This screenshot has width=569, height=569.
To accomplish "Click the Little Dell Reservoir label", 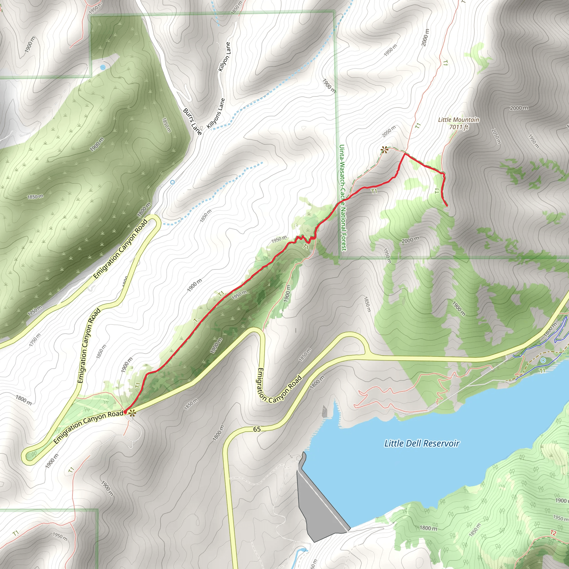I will pyautogui.click(x=421, y=443).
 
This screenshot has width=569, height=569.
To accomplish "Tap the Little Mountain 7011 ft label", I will pyautogui.click(x=458, y=123).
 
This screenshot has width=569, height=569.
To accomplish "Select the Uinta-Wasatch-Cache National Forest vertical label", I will pyautogui.click(x=343, y=197).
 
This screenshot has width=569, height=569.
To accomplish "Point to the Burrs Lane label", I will pyautogui.click(x=192, y=122).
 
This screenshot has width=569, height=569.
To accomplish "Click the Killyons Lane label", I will pyautogui.click(x=216, y=113).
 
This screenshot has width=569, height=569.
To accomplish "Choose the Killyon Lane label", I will pyautogui.click(x=224, y=57).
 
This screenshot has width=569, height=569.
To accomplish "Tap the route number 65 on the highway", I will pyautogui.click(x=257, y=429).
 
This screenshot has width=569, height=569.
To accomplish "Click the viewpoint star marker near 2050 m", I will pyautogui.click(x=384, y=150).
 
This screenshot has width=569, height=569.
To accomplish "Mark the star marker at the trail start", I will pyautogui.click(x=132, y=413).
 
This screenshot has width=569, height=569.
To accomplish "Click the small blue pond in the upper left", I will pyautogui.click(x=103, y=68).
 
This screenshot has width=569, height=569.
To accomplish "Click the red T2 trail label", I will pyautogui.click(x=553, y=533).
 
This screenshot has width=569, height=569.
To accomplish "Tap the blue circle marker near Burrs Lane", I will pyautogui.click(x=173, y=182).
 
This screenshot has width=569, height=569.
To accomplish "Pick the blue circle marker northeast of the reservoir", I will pyautogui.click(x=543, y=360).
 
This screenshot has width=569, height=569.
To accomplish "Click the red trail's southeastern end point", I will pyautogui.click(x=447, y=205).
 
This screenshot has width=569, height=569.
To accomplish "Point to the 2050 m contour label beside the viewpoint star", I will pyautogui.click(x=389, y=131).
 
